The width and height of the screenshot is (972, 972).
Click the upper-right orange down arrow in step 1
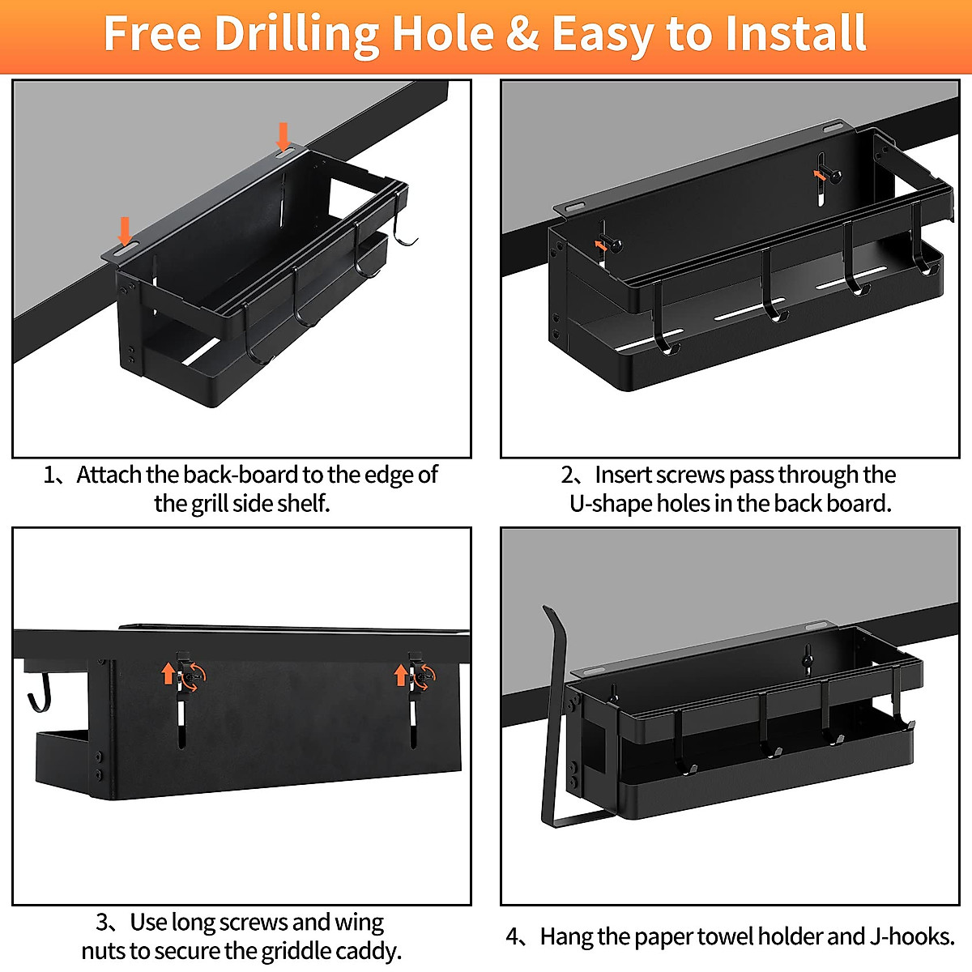[283, 135]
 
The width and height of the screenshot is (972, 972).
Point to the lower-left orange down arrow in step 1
[125, 230]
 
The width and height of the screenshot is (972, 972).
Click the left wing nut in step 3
[191, 674]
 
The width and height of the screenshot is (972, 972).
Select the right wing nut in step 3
[421, 674]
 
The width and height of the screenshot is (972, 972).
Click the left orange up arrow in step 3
[168, 672]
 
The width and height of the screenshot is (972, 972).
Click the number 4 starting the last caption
[514, 937]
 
